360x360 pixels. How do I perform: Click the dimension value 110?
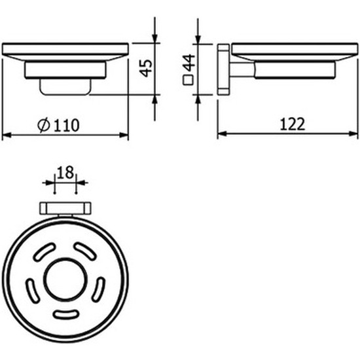pyautogui.click(x=67, y=126)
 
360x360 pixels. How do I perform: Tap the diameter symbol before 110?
pyautogui.click(x=44, y=125)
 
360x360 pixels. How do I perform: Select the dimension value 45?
pyautogui.click(x=146, y=68)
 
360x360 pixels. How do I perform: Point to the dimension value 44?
pyautogui.click(x=189, y=63)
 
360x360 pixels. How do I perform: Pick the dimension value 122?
pyautogui.click(x=293, y=124)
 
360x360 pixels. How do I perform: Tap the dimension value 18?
pyautogui.click(x=65, y=172)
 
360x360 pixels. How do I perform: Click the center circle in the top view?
pyautogui.click(x=65, y=279)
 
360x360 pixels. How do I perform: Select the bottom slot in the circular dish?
pyautogui.click(x=66, y=314)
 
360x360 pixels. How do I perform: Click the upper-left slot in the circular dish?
pyautogui.click(x=44, y=252)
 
